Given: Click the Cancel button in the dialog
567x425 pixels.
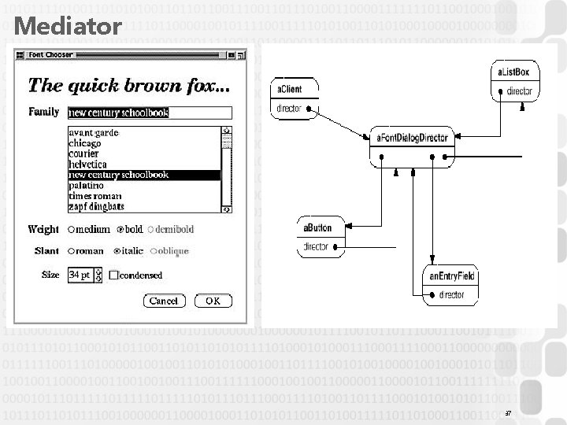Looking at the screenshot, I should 163,301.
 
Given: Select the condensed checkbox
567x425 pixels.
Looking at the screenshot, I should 114,275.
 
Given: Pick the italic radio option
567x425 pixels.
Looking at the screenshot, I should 117,251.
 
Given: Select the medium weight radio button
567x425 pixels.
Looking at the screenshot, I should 72,230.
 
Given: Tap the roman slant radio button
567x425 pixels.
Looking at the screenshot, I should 72,251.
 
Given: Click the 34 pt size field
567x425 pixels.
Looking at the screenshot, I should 80,275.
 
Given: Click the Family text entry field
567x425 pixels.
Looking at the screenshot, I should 150,113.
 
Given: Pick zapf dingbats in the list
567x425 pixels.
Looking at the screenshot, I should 96,205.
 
